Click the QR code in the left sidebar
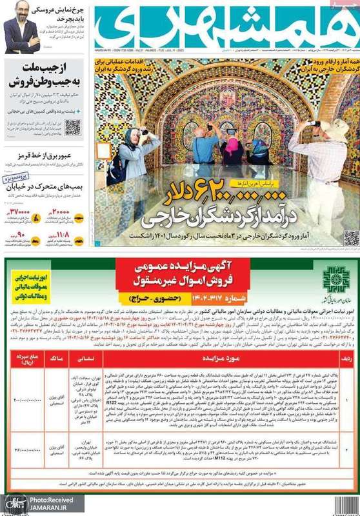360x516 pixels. click(x=72, y=126)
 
